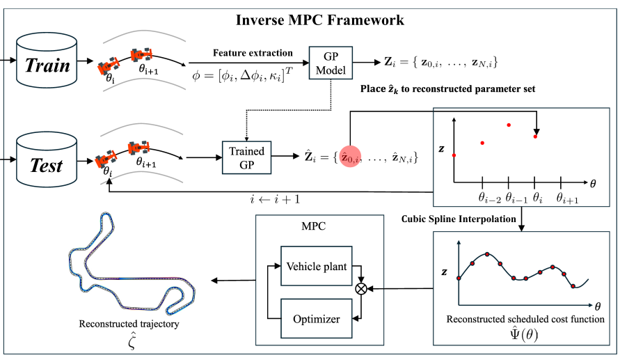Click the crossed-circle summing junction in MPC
click(x=360, y=288)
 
